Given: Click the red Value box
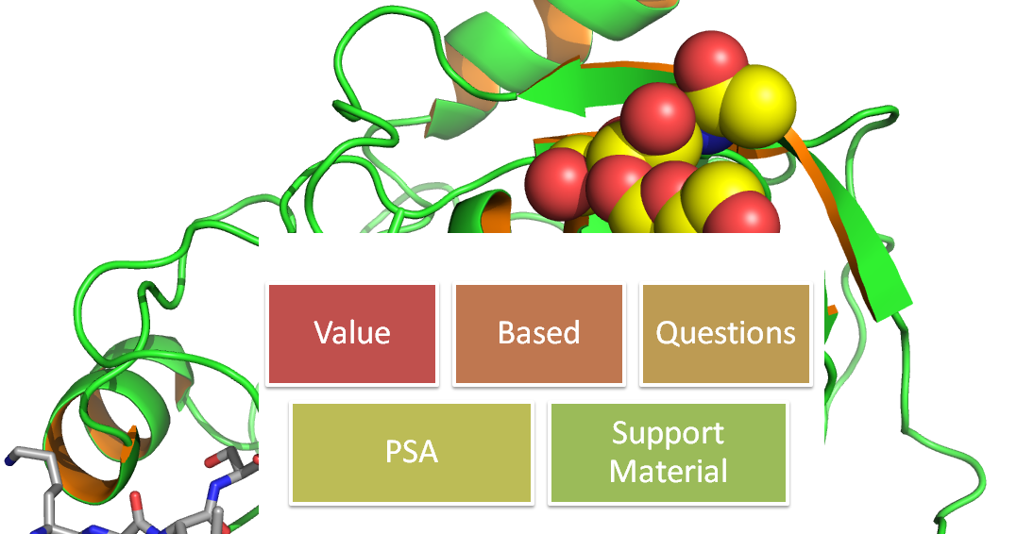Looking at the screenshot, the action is [x=352, y=334].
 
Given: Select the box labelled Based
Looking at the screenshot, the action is [x=539, y=334].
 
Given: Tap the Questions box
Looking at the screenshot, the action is [x=726, y=334].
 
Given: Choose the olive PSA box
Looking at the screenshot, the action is [x=412, y=453].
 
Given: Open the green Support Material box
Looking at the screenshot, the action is [x=668, y=453].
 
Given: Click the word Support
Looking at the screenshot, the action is [x=668, y=434].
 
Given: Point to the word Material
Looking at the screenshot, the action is [x=668, y=471].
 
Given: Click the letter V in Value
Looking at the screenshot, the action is [x=324, y=332].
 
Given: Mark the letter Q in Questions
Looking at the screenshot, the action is [x=668, y=333].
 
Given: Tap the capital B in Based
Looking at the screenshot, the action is [x=507, y=332].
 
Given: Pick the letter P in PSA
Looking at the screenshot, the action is [x=394, y=452].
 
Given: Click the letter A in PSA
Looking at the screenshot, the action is [x=428, y=452].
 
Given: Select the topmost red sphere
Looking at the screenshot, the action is [x=711, y=60].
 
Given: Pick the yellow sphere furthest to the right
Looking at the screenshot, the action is [x=757, y=105].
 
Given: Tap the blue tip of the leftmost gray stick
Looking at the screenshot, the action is [x=9, y=460].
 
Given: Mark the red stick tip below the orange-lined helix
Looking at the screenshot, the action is [x=135, y=499].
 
